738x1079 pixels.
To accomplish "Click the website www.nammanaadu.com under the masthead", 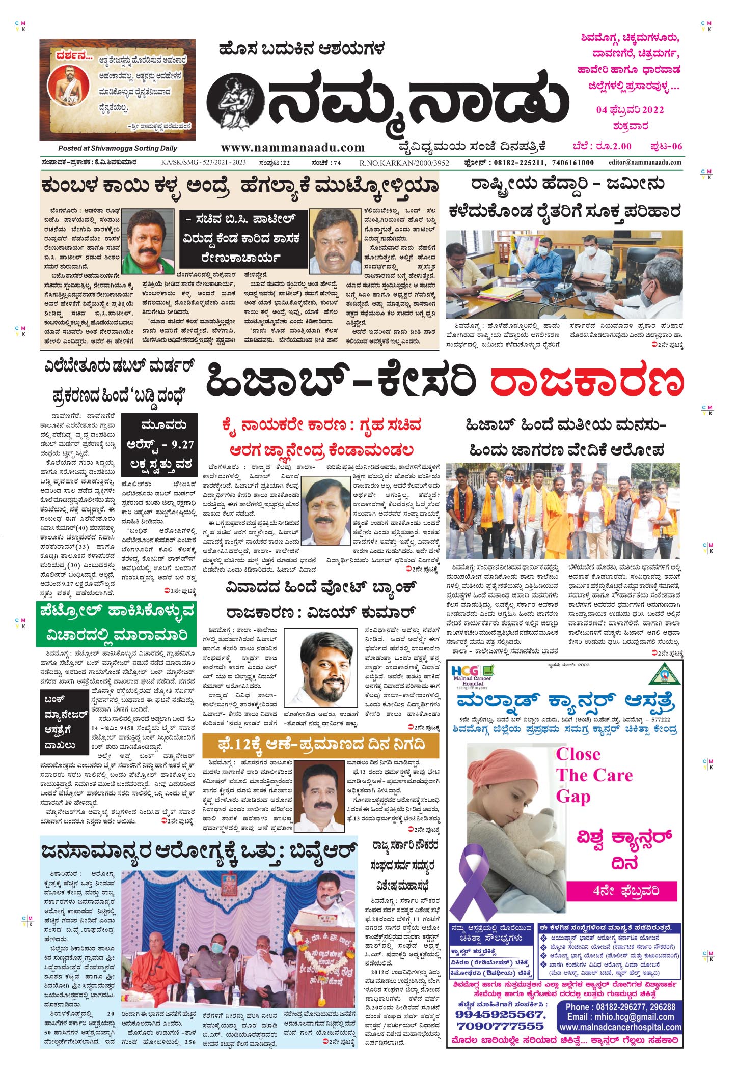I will [293, 147].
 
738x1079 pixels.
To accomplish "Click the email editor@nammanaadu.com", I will [645, 162].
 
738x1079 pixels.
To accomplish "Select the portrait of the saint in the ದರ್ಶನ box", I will [67, 89].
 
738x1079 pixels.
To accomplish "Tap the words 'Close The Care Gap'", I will [593, 775].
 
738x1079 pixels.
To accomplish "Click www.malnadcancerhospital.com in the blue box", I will [620, 1027].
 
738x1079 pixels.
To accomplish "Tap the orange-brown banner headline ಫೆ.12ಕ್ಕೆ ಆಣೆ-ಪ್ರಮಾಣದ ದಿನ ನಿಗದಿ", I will [320, 746].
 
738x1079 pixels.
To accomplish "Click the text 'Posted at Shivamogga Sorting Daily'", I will [118, 148].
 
